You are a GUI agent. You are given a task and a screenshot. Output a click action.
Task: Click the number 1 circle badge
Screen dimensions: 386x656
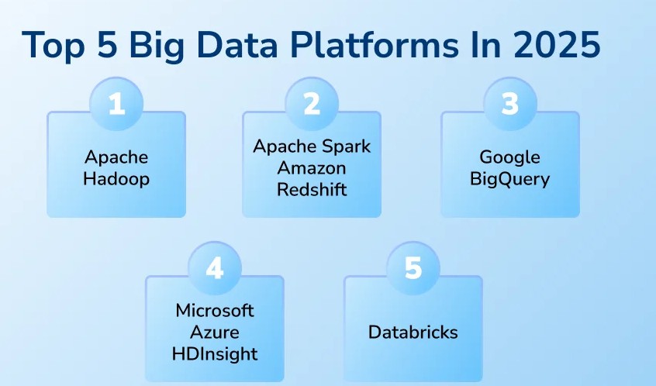116,104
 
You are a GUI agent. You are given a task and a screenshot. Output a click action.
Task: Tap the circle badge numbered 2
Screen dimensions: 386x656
312,104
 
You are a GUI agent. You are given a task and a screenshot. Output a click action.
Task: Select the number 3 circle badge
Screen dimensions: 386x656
509,104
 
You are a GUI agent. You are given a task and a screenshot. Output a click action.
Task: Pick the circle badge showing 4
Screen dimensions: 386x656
215,268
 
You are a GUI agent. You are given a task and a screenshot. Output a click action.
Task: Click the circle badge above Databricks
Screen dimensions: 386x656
413,268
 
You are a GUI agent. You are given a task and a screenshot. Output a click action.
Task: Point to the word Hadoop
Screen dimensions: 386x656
116,180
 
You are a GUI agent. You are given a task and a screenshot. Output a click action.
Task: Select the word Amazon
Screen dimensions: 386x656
312,168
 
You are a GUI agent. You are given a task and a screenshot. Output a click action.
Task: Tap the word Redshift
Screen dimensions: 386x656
312,189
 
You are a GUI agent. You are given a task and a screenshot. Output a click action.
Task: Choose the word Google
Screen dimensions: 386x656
509,157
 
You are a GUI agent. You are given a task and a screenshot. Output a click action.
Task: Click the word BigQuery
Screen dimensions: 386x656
509,180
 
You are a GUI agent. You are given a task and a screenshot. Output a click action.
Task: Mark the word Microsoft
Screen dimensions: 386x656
215,311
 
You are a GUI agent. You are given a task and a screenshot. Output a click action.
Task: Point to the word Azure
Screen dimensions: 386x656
215,333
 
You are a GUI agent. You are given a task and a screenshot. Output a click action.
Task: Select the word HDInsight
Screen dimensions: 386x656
215,354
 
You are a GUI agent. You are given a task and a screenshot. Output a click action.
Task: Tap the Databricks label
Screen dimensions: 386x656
413,333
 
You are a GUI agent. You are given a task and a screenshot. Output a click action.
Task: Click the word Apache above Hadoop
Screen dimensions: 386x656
116,157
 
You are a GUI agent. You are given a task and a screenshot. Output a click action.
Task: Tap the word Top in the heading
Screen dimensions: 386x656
51,46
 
